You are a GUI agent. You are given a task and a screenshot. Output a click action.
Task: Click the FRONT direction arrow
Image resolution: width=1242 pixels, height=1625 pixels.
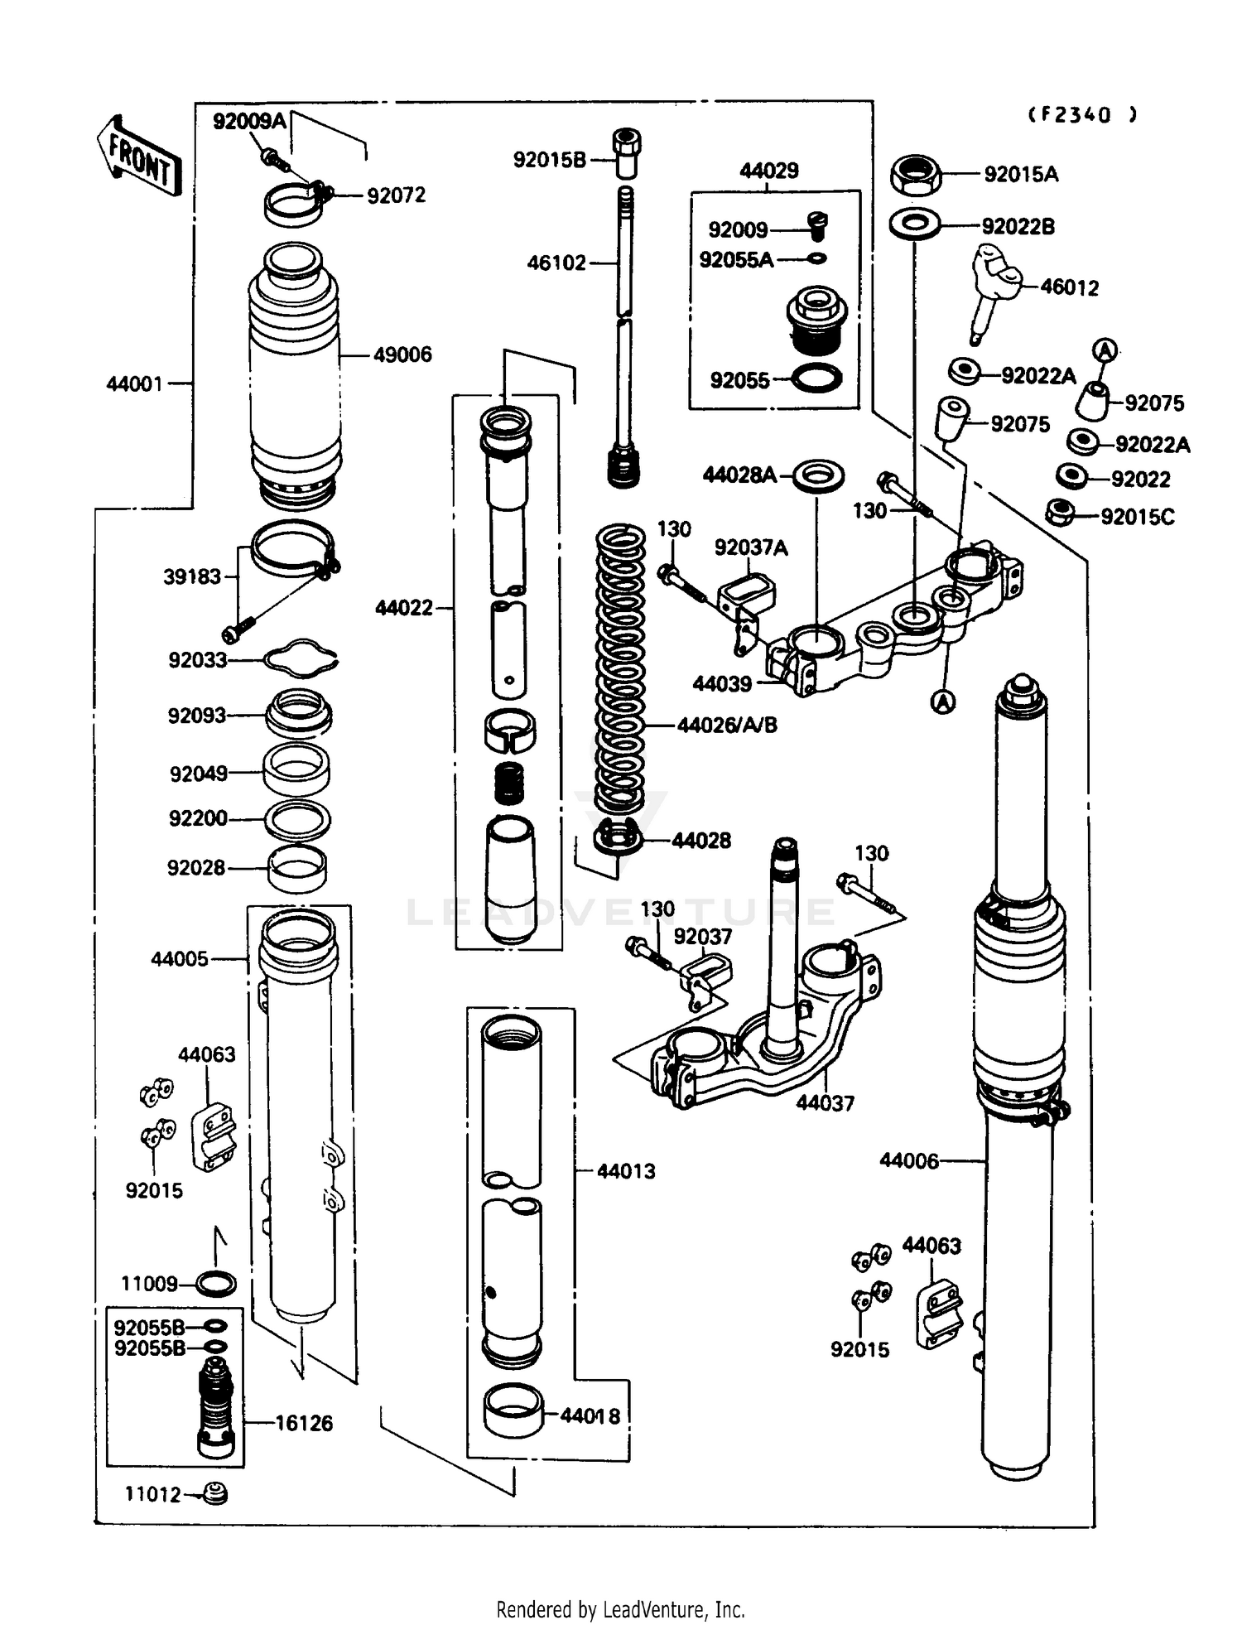click(138, 156)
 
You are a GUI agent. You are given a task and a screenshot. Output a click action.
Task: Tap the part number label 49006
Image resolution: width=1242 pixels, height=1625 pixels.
click(402, 354)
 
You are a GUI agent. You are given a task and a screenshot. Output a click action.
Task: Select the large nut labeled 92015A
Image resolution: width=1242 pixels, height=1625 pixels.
click(916, 175)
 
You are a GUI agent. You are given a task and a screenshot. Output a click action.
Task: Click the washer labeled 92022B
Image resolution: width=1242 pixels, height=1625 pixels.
click(914, 224)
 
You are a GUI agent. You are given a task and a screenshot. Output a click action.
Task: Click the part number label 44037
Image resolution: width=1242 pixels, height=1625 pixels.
click(825, 1102)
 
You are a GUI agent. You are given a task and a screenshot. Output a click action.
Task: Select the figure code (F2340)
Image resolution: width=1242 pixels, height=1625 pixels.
click(1082, 115)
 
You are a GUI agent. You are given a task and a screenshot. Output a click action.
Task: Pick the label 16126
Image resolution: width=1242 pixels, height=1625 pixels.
click(303, 1423)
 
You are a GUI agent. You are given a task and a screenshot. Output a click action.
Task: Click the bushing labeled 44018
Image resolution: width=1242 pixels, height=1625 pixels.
click(513, 1413)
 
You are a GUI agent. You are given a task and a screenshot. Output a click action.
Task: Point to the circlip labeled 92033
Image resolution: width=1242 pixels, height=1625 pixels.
click(301, 658)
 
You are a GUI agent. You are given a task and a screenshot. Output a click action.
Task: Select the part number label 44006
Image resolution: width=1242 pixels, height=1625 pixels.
click(908, 1161)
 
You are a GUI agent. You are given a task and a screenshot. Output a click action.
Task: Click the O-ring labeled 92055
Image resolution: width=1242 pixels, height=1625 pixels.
click(816, 379)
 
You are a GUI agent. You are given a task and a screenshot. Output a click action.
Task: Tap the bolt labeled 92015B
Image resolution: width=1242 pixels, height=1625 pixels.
click(627, 152)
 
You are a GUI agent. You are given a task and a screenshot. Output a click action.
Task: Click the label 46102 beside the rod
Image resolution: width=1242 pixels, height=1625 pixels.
click(556, 263)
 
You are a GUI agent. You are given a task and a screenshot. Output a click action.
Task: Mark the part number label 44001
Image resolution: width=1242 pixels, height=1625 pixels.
click(134, 383)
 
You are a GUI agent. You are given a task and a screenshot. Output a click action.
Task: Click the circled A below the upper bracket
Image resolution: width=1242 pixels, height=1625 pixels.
click(943, 702)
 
